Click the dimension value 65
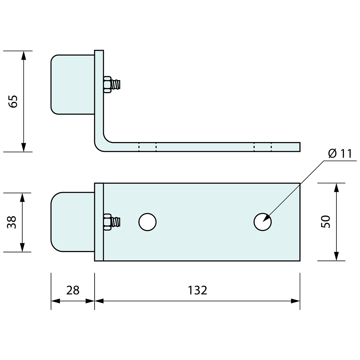(x=13, y=101)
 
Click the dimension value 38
(x=12, y=222)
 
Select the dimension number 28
(x=73, y=290)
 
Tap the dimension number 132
(x=197, y=290)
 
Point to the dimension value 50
(x=326, y=222)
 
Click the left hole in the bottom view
(x=147, y=222)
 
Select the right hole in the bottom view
(x=262, y=222)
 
